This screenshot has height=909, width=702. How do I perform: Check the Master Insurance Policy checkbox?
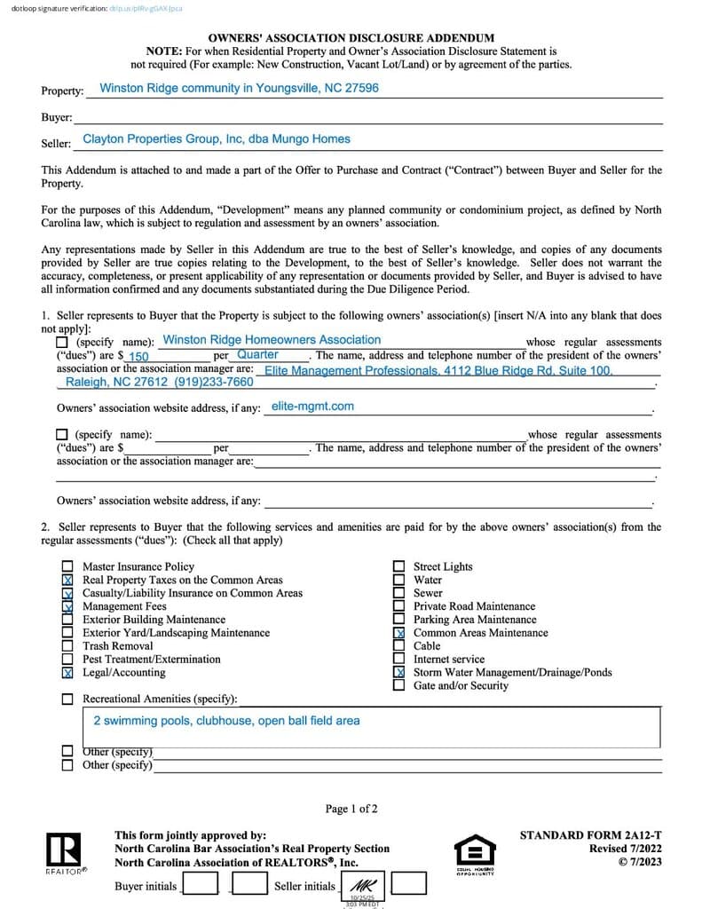click(67, 566)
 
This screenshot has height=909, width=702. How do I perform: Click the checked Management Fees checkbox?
click(67, 606)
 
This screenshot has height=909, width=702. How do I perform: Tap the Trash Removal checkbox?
click(67, 646)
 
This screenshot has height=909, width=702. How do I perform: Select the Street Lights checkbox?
click(398, 566)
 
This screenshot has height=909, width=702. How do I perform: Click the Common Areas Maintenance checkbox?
click(398, 633)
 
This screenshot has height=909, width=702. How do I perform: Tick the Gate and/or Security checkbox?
click(398, 685)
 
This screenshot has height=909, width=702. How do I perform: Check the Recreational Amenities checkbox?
click(67, 700)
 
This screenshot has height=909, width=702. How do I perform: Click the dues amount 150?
click(138, 357)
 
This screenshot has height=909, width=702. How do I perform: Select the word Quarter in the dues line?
click(257, 354)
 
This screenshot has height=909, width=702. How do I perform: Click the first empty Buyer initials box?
click(201, 884)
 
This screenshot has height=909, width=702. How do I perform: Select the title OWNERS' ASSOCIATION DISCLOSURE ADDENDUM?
click(351, 38)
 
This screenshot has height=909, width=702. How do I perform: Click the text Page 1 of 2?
click(351, 809)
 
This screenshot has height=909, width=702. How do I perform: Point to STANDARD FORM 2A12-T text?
click(590, 835)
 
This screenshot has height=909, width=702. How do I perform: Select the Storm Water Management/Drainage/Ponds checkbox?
click(398, 672)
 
